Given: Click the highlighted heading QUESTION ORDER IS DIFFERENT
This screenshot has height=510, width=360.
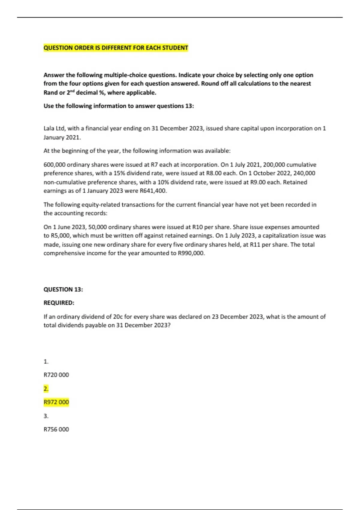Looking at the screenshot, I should point(116,48).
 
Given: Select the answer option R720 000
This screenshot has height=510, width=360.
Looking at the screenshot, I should point(56,375).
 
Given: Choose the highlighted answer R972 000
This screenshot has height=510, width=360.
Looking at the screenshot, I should point(56,402).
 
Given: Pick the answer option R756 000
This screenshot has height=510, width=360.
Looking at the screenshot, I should point(56,430).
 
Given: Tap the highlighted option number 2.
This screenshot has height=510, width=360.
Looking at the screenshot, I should point(46,389).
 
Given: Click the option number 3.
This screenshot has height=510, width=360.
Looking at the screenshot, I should point(46,416).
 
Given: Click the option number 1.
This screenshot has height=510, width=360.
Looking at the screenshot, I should point(46,362).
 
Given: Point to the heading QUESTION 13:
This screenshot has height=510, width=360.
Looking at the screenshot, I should point(63,289).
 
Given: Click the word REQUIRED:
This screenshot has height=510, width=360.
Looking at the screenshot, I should point(59,303).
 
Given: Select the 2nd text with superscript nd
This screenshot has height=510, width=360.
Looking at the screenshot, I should point(70,92).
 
